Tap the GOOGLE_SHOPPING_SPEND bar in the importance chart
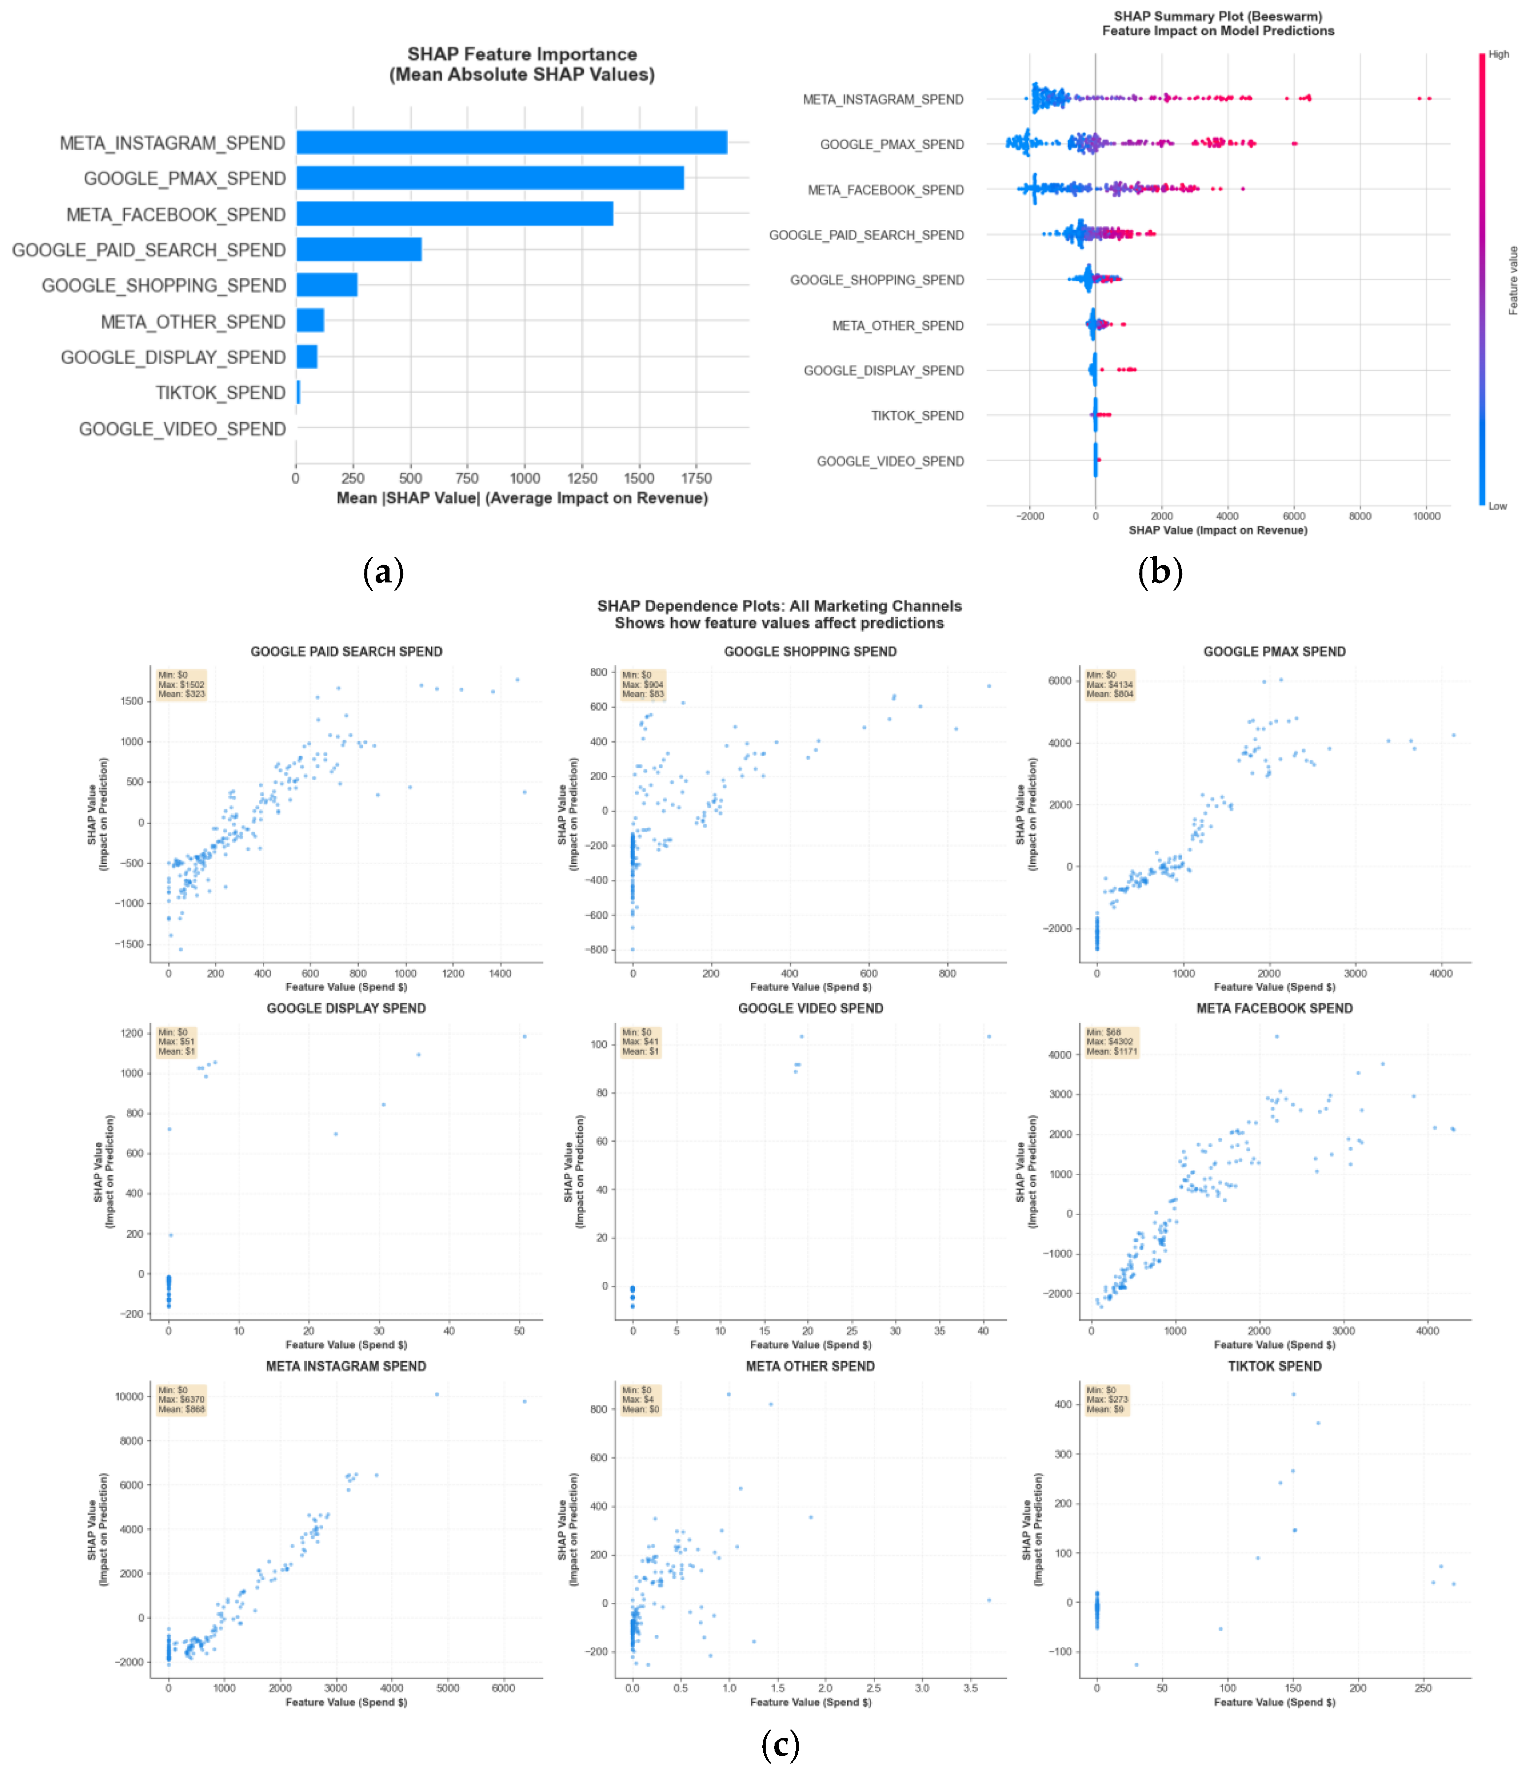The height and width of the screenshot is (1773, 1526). [327, 285]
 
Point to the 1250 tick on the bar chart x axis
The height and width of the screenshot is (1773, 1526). [582, 478]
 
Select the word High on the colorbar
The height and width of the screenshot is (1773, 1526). [1498, 54]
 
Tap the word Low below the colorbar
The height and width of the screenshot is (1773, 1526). [1497, 506]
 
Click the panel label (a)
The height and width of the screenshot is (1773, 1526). [383, 572]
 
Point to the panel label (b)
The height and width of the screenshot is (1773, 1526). [1160, 572]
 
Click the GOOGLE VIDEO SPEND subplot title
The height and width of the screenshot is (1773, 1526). [810, 1008]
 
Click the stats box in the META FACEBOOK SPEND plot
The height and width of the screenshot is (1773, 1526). [1111, 1042]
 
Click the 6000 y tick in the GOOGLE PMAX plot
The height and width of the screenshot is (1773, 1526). [1059, 681]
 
